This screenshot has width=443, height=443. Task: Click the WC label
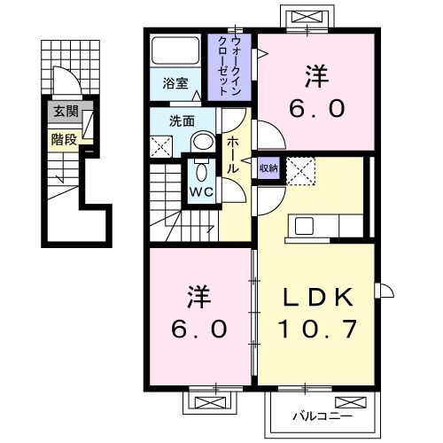tap(198, 190)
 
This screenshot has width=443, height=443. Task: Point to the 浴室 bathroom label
tap(175, 83)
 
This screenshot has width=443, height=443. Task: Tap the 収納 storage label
tap(268, 167)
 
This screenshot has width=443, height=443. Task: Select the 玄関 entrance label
tap(66, 112)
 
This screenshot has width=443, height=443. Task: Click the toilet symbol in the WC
tap(199, 170)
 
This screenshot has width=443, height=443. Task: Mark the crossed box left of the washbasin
tap(162, 147)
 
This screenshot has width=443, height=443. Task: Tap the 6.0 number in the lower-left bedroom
tap(200, 328)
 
